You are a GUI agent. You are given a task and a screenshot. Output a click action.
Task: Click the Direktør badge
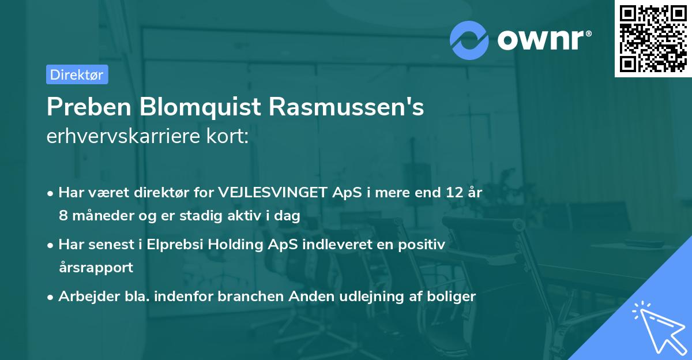click(x=77, y=74)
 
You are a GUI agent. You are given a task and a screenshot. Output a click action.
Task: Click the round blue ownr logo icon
click(x=470, y=40)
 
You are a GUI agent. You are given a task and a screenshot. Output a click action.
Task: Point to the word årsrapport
click(x=96, y=267)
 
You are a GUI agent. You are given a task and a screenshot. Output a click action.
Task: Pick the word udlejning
click(x=373, y=297)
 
